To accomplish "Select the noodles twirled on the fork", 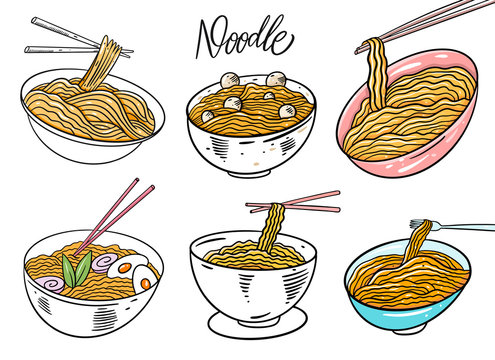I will pos(418,240).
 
